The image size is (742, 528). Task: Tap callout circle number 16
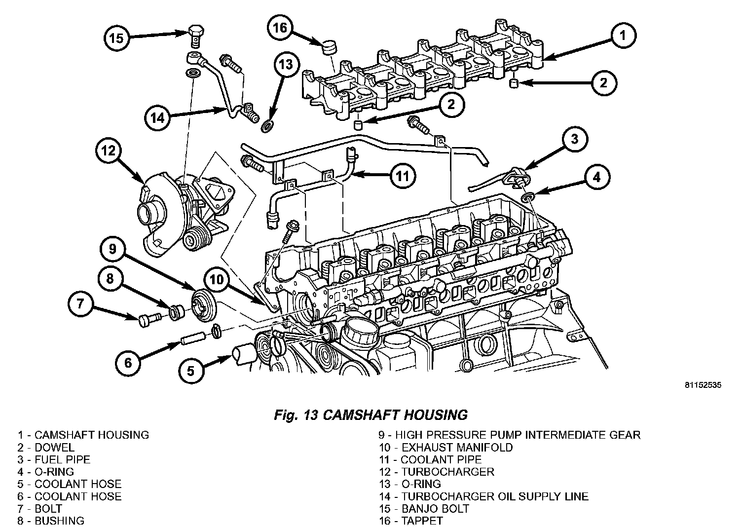pos(280,28)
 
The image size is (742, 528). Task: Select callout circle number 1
pos(623,35)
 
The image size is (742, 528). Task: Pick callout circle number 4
pos(597,177)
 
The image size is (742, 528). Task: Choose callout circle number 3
pos(574,139)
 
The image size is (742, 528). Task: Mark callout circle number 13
pos(286,64)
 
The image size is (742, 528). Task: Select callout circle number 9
pos(113,249)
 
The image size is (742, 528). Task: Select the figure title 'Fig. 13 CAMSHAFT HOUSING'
pos(371,415)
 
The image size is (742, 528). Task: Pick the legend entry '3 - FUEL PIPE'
pos(54,459)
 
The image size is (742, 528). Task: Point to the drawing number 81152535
pos(703,385)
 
